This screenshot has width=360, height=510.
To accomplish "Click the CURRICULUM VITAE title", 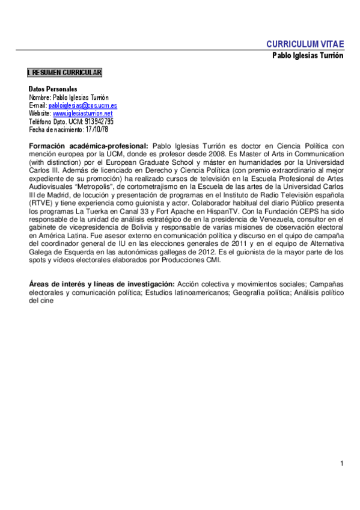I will tap(305, 44).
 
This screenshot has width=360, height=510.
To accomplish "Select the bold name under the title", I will tap(308, 55).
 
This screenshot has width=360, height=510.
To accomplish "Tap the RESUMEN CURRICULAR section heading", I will tap(64, 73).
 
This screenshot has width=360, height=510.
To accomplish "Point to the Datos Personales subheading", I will tap(53, 89).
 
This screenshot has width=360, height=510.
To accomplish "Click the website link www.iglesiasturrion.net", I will tap(82, 113).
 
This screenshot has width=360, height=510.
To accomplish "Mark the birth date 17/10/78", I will tap(96, 129).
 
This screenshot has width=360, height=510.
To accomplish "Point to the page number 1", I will tap(341, 463).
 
